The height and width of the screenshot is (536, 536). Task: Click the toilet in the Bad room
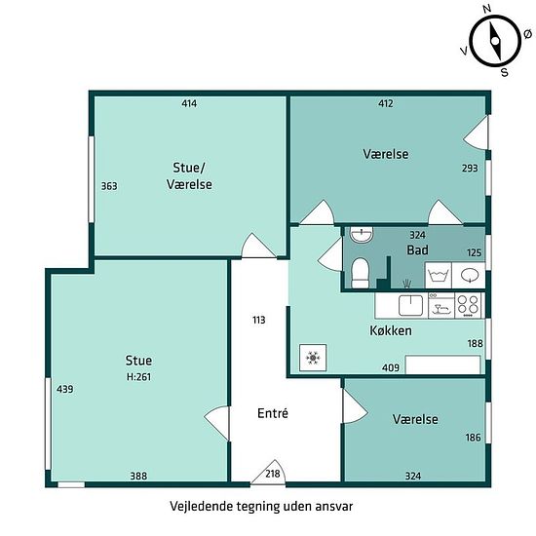point(361,273)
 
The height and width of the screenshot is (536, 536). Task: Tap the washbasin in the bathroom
point(362,235)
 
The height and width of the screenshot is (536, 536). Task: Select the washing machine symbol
point(439,275)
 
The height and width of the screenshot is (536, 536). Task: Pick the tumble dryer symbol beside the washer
point(469,275)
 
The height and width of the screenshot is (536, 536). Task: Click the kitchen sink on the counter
point(410,305)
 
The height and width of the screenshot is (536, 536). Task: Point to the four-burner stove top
point(468,305)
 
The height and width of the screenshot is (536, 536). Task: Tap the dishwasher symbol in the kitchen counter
point(441,305)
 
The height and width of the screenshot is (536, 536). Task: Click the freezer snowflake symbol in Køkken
point(313,358)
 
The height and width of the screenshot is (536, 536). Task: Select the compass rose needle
point(495,41)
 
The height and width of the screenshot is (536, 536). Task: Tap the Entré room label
point(273,413)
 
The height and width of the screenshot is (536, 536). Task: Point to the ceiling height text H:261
point(138,377)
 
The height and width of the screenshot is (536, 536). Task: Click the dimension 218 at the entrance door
point(273,474)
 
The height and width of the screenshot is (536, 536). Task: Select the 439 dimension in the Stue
point(65,389)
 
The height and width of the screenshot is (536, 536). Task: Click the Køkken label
point(391,330)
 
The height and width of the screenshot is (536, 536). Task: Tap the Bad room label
point(417,249)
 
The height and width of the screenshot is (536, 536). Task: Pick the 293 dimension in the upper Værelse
point(470,168)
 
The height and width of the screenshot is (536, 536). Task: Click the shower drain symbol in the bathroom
point(406,283)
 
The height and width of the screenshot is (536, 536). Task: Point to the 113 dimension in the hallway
point(259,320)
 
